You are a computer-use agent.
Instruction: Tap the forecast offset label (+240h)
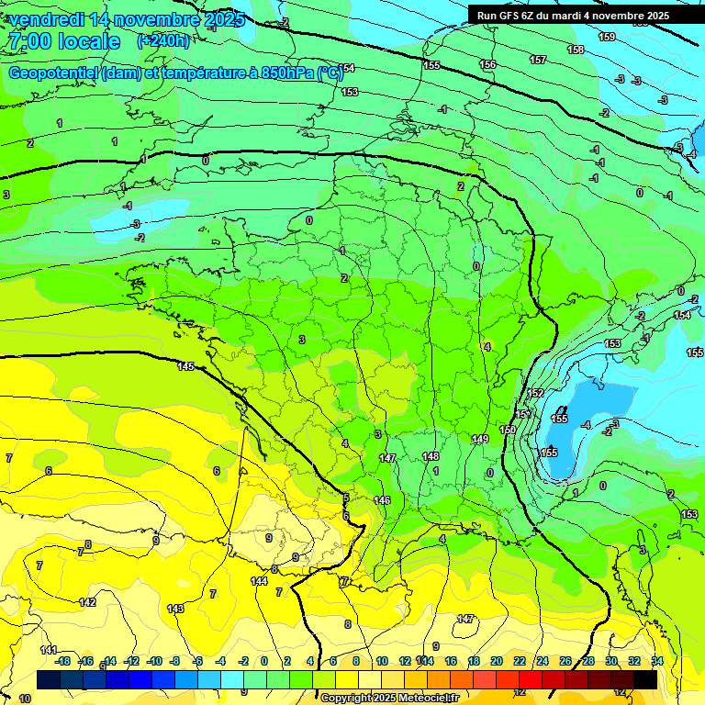point(163,41)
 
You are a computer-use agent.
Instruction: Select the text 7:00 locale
point(64,41)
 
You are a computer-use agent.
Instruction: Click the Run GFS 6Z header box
point(573,16)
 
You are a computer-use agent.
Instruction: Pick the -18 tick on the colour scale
point(62,661)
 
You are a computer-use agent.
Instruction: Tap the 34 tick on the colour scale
point(656,661)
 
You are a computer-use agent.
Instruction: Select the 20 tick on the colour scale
point(496,661)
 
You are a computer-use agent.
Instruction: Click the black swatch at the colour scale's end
point(644,679)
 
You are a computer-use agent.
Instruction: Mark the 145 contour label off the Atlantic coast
point(185,366)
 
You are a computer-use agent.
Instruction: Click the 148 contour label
point(431,456)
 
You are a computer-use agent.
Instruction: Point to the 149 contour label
point(480,440)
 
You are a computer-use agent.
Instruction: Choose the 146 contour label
point(383,500)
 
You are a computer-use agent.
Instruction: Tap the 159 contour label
point(607,37)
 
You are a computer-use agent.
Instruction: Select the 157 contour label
point(538,60)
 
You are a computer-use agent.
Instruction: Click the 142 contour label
point(87,602)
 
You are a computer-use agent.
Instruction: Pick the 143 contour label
point(175,609)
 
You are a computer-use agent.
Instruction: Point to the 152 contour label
point(536,393)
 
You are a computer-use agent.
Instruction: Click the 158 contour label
point(576,50)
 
